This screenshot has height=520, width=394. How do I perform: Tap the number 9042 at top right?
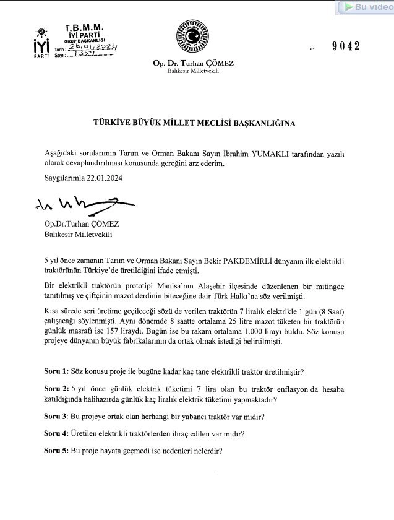click(345, 46)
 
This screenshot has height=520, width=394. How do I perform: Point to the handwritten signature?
click(77, 205)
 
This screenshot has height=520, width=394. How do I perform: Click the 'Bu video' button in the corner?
click(364, 7)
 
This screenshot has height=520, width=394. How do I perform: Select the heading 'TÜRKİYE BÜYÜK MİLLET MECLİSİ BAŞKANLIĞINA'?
click(194, 123)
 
